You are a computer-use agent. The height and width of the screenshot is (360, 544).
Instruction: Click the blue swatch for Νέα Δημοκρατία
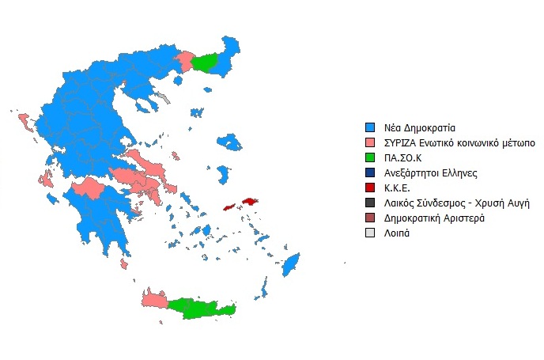[x=368, y=127]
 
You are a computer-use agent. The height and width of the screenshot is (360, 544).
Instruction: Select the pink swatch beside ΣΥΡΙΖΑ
[x=368, y=142]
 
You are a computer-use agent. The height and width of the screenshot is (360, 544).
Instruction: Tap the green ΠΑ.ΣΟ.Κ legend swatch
[x=368, y=157]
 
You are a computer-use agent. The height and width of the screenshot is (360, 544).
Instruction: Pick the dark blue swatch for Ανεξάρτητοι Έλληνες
[x=368, y=172]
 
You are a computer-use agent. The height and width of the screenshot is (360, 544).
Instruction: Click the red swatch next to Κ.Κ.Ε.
[x=368, y=187]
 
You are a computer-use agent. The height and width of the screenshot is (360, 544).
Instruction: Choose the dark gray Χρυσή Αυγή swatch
[x=368, y=202]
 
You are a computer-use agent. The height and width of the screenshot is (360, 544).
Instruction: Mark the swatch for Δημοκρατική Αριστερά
[x=368, y=217]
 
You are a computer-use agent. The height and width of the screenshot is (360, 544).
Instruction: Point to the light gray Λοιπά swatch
[x=368, y=232]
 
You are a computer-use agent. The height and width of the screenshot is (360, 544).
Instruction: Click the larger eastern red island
[x=251, y=203]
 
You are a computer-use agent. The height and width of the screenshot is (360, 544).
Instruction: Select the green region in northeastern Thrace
[x=207, y=62]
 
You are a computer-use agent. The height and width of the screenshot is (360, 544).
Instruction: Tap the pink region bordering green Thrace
[x=187, y=61]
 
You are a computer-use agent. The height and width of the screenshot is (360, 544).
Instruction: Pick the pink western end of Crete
[x=153, y=300]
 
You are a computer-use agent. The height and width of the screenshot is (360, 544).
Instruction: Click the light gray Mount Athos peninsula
[x=164, y=99]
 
